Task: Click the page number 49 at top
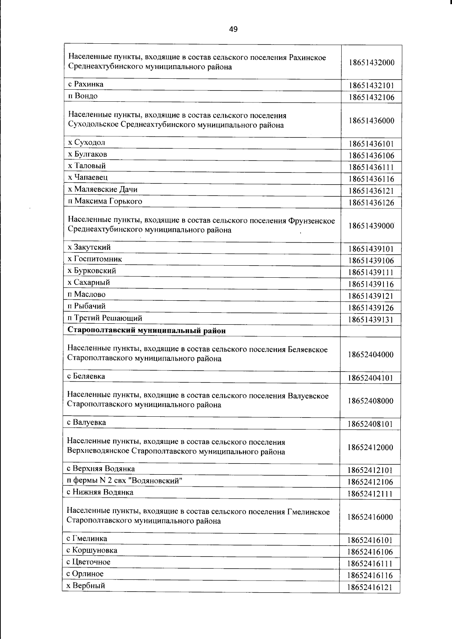(233, 29)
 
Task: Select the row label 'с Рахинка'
(86, 84)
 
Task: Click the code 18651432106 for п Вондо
(371, 98)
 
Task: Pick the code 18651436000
(371, 121)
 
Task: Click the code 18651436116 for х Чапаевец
(371, 179)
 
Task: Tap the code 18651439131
(371, 320)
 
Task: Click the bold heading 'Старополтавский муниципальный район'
(147, 331)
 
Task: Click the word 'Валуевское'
(308, 396)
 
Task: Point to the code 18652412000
(371, 448)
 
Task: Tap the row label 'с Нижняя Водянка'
(100, 492)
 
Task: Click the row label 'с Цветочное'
(89, 562)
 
